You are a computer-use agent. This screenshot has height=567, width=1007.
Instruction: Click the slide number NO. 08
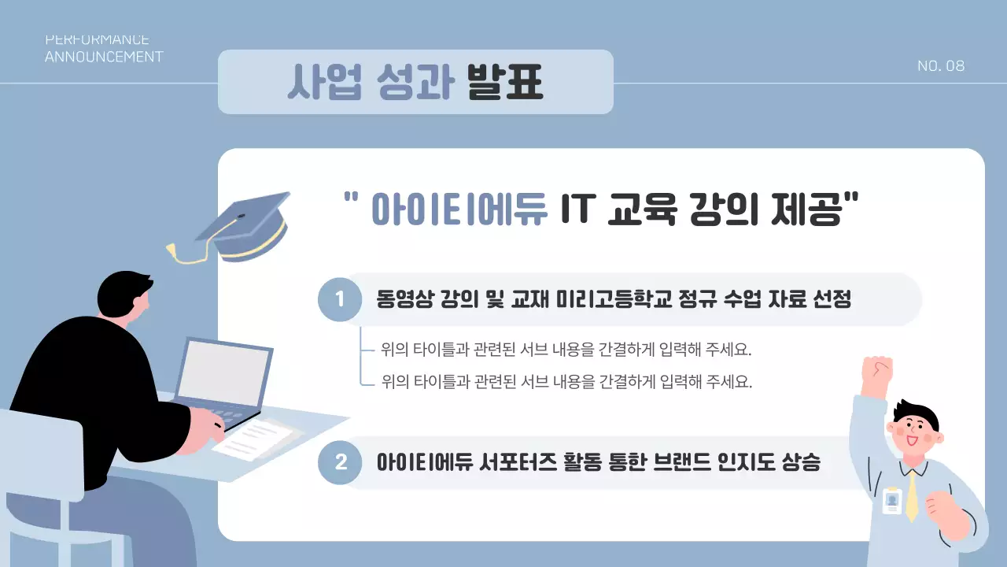point(941,66)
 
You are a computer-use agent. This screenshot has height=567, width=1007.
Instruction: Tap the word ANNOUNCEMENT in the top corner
point(104,57)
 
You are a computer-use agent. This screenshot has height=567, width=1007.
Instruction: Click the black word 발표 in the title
point(504,82)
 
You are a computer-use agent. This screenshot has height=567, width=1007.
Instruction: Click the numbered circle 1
point(340,299)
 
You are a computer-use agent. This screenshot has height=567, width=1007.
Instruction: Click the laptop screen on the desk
point(223,372)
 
